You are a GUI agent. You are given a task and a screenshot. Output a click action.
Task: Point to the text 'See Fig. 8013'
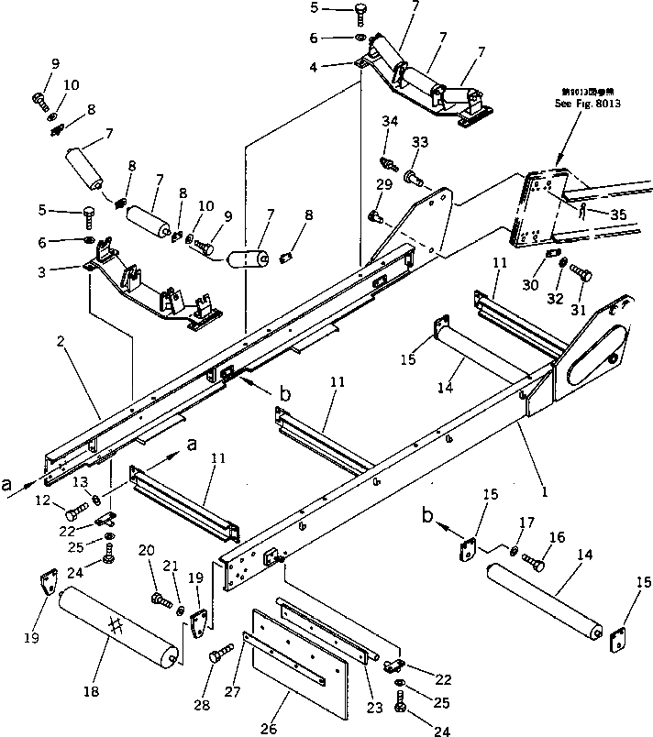tap(588, 104)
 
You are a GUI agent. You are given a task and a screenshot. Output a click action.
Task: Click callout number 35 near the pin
tap(619, 214)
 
